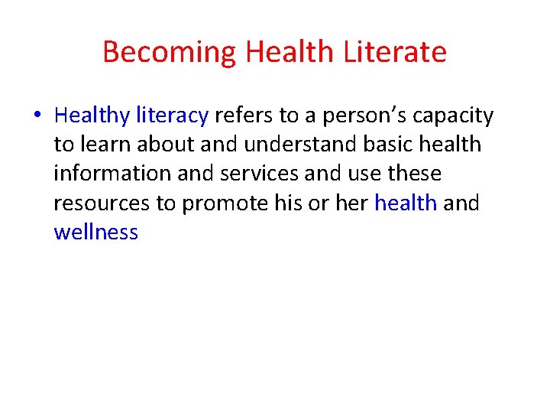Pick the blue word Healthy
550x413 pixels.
pos(92,115)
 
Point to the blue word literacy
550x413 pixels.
pos(172,115)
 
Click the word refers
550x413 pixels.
pos(244,115)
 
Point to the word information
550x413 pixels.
pos(112,174)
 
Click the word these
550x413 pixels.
pos(414,174)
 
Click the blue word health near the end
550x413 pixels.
pos(406,203)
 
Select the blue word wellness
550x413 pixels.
pos(96,232)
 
